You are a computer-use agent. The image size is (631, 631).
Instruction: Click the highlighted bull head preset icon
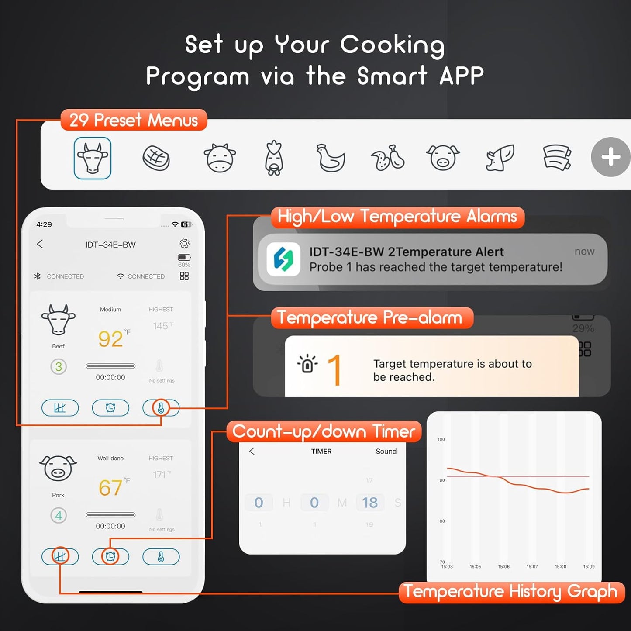(93, 158)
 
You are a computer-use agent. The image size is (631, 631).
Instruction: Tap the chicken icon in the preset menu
(330, 158)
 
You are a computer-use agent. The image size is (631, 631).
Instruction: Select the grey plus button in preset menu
(610, 157)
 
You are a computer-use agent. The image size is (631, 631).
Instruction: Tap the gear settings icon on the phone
(185, 243)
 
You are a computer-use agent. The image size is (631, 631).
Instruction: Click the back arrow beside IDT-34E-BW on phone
(40, 244)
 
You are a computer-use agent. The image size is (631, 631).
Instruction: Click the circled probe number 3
(59, 367)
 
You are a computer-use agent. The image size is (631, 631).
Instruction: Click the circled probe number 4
(59, 515)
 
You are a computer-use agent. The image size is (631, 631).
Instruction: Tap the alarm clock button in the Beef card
(110, 408)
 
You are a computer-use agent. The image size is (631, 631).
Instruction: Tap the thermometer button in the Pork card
(161, 557)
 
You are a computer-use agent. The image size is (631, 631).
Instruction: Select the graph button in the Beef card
(60, 408)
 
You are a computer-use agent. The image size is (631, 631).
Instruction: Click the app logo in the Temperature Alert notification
(283, 259)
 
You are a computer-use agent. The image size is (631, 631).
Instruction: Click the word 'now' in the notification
(584, 252)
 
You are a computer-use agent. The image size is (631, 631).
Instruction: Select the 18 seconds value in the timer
(369, 503)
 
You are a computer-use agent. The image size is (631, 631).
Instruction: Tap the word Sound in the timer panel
(386, 452)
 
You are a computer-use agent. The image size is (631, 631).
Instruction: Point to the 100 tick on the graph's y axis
(441, 439)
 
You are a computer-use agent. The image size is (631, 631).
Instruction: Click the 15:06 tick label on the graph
(503, 567)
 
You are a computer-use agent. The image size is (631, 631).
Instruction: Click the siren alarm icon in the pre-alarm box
(307, 364)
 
